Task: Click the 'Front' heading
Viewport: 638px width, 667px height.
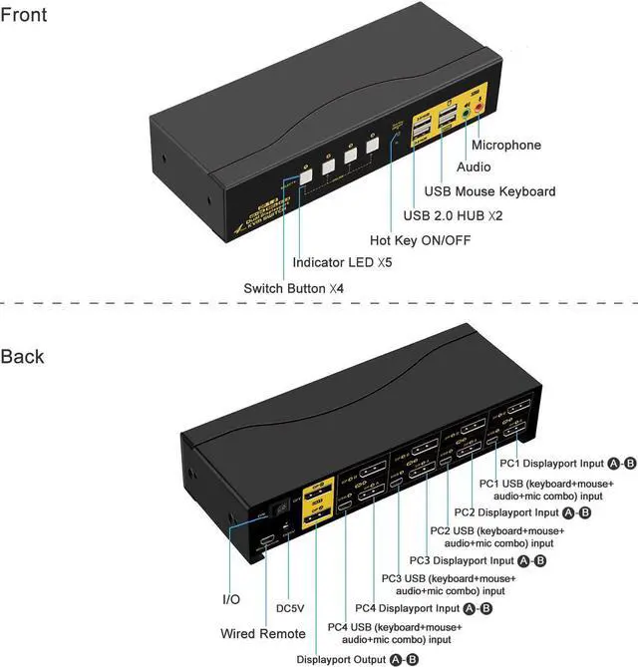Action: tap(24, 15)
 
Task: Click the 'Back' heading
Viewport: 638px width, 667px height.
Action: tap(23, 356)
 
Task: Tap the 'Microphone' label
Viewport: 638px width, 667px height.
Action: tap(505, 145)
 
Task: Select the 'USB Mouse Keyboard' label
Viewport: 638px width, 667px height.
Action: tap(489, 190)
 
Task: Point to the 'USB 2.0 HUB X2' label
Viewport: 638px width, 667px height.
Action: tap(455, 215)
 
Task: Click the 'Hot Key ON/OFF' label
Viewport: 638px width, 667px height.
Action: tap(420, 240)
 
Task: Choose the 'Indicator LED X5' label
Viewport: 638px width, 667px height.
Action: tap(343, 264)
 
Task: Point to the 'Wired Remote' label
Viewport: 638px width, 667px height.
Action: tap(263, 634)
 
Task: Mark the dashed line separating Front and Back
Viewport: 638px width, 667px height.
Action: tap(319, 302)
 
